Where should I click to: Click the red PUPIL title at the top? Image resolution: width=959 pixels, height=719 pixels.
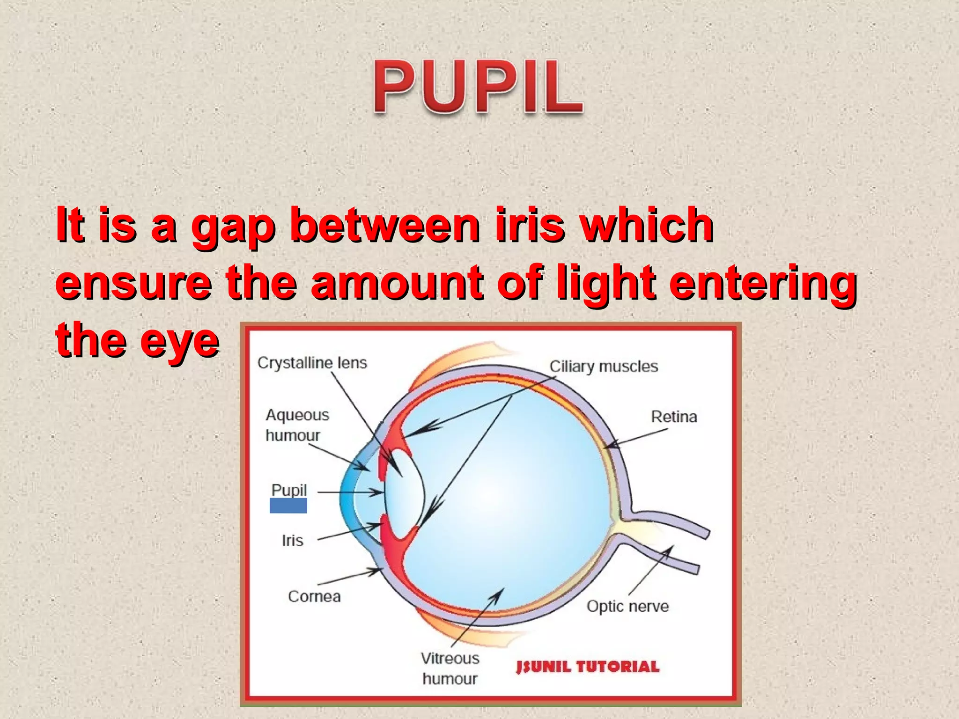pyautogui.click(x=478, y=88)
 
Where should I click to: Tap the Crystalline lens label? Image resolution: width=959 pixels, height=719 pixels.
pyautogui.click(x=312, y=363)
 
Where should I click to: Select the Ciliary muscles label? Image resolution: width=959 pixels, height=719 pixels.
pyautogui.click(x=603, y=366)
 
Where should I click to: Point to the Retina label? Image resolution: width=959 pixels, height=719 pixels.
pyautogui.click(x=673, y=417)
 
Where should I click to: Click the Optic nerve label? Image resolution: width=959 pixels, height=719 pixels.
pyautogui.click(x=627, y=606)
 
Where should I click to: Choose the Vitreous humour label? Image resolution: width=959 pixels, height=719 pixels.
pyautogui.click(x=450, y=668)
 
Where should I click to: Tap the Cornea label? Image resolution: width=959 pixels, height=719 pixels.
pyautogui.click(x=314, y=596)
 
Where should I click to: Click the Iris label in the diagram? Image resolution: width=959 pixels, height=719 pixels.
pyautogui.click(x=293, y=541)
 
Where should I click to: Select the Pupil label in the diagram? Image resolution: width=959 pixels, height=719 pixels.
pyautogui.click(x=289, y=490)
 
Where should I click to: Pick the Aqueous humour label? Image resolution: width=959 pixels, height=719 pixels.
pyautogui.click(x=297, y=425)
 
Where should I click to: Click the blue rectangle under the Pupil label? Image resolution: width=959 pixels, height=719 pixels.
pyautogui.click(x=288, y=506)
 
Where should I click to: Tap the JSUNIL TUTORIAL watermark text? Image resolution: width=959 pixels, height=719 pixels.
pyautogui.click(x=588, y=667)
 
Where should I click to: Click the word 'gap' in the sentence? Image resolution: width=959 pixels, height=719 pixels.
pyautogui.click(x=232, y=227)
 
